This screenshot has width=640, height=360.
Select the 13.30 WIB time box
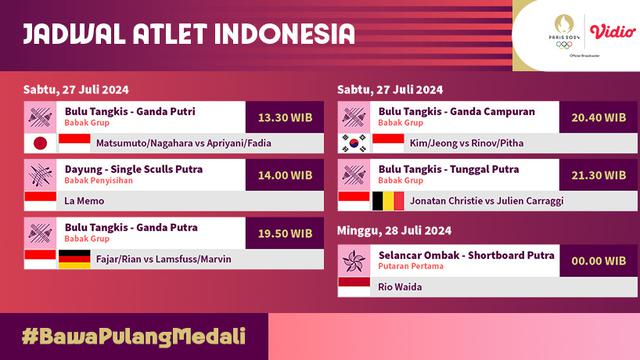point(284,116)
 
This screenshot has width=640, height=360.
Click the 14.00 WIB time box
point(284,175)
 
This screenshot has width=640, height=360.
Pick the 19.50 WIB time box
point(284,234)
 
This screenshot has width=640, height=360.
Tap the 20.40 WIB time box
point(598,116)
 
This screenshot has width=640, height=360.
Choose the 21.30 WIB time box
point(598,175)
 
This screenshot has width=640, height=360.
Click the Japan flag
point(41,143)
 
